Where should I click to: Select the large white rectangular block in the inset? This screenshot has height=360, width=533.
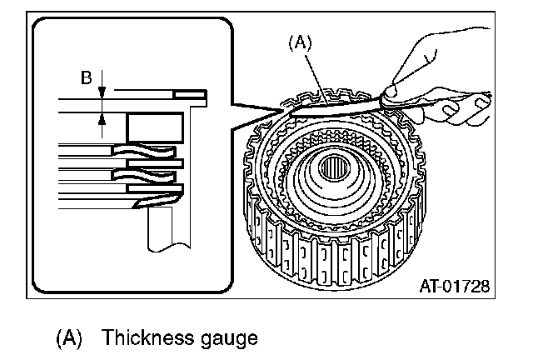(154, 127)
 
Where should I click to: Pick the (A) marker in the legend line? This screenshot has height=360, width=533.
(70, 339)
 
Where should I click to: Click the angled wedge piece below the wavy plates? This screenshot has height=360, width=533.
(154, 199)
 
